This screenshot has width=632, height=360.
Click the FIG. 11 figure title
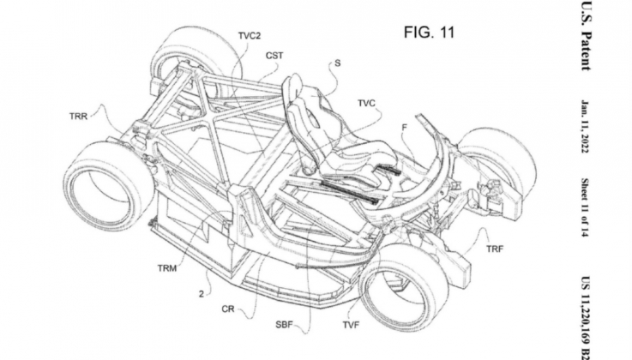tap(430, 33)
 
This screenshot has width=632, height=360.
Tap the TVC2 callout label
tap(250, 36)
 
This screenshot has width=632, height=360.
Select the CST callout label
tap(274, 56)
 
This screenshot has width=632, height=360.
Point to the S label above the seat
tap(337, 63)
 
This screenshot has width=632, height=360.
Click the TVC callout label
tap(366, 104)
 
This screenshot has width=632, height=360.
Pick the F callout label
tap(404, 127)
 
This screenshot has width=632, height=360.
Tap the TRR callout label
tap(78, 117)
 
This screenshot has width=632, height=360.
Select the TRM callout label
tap(167, 268)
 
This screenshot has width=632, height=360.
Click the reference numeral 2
tap(202, 294)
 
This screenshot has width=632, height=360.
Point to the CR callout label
tap(228, 309)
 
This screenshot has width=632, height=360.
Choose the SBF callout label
tap(284, 325)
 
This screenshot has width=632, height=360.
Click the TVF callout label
tap(351, 325)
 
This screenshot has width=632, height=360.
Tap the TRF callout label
tap(495, 249)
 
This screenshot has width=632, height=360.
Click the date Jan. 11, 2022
tap(585, 127)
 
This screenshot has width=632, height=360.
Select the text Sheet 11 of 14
tap(585, 207)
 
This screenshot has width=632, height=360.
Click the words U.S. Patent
tap(586, 36)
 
